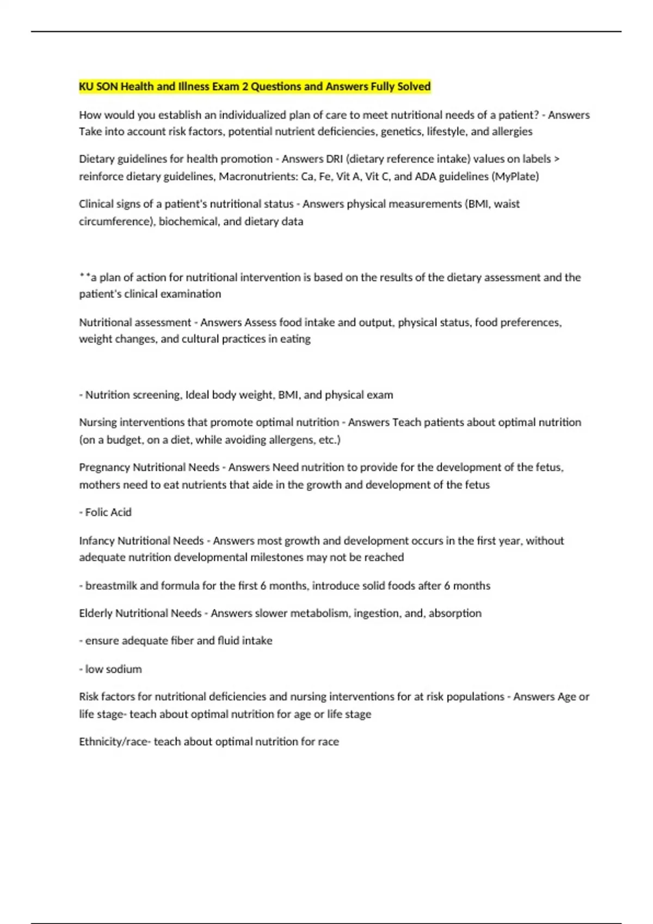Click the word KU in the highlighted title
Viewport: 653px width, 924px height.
[86, 86]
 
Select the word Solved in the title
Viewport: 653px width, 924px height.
[414, 86]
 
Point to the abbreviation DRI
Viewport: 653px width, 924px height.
[334, 159]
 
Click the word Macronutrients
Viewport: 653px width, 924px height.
[257, 177]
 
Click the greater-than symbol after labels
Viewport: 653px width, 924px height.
[556, 159]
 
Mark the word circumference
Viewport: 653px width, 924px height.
[116, 222]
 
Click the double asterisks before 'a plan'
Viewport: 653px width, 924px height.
[84, 277]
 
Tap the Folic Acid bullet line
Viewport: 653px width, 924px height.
[106, 513]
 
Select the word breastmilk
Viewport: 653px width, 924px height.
[111, 586]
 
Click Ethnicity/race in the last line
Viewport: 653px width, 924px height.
[113, 742]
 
